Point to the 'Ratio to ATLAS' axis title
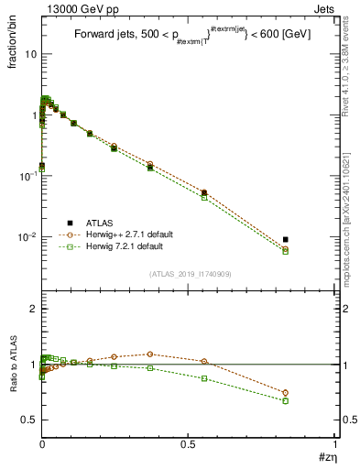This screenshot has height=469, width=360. tap(14, 364)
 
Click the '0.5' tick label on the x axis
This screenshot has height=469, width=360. tap(189, 444)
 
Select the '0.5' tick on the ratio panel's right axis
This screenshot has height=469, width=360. tap(344, 420)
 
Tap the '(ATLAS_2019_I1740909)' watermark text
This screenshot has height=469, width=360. tap(189, 274)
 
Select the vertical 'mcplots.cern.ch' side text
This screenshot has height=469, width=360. tap(352, 229)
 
